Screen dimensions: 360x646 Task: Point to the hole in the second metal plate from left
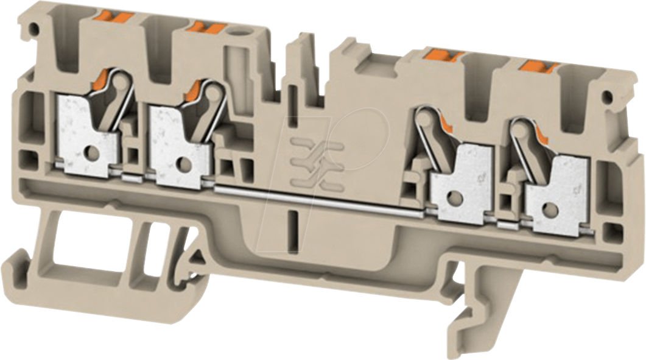182,161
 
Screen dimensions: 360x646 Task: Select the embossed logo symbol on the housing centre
310,161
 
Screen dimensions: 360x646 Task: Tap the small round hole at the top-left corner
35,28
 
